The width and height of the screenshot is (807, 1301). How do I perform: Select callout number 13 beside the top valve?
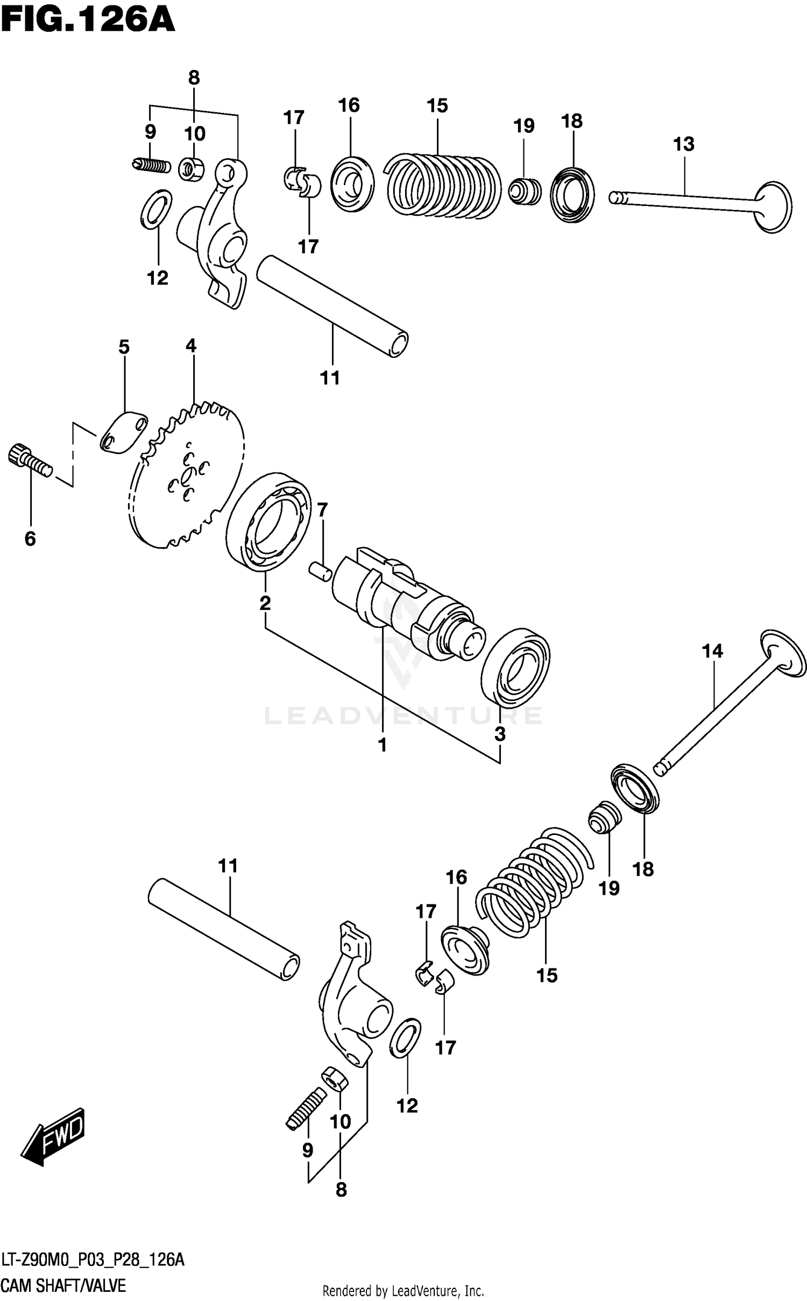pos(683,144)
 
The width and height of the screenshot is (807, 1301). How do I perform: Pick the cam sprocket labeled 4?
pos(186,476)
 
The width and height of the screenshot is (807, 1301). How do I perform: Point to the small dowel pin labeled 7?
pos(321,571)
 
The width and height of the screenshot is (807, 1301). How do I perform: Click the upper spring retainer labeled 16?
pos(352,185)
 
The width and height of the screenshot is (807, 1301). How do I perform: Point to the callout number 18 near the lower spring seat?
pos(643,868)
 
